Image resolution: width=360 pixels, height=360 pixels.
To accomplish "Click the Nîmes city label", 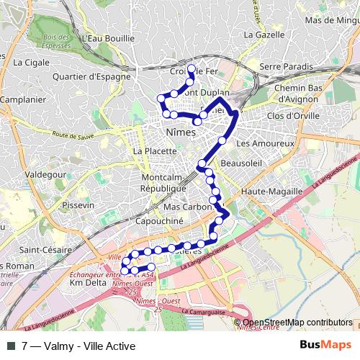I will tap(181, 133).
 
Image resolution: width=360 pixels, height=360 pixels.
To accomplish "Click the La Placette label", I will tap(154, 151).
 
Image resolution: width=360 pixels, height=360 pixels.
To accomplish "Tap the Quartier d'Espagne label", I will tap(91, 75).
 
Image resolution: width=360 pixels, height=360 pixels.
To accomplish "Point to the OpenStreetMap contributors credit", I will tap(297, 323).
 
